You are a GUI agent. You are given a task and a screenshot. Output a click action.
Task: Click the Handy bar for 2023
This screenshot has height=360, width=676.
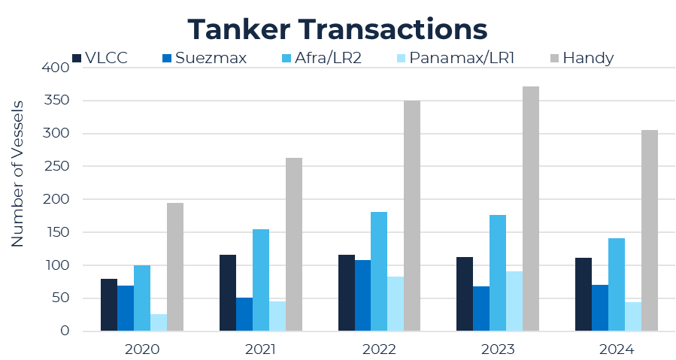coord(531,209)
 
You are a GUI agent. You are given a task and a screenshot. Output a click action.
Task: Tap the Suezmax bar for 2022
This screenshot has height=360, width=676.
coord(362,295)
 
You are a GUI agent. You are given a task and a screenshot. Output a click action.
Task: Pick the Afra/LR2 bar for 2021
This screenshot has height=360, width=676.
coord(261,280)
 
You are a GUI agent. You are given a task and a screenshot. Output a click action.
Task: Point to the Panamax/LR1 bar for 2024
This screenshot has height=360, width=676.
coord(633,316)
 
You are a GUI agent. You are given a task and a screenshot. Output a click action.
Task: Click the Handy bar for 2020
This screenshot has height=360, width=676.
coord(175,267)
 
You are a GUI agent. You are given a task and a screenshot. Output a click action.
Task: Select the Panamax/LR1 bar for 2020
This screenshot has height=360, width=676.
coord(159,322)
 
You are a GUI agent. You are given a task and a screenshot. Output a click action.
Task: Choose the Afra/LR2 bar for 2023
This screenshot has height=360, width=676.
coord(498,273)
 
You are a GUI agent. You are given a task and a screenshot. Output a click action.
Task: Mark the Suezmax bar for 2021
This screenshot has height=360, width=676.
coord(244,314)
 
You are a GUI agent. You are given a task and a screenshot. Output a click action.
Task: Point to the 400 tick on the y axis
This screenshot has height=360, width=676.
coord(59,68)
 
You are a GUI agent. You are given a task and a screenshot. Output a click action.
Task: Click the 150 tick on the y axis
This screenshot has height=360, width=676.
coord(59,232)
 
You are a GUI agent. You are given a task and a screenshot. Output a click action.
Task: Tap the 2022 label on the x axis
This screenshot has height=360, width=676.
coord(379,349)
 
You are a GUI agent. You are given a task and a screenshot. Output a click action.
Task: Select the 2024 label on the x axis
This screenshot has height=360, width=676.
coord(616,349)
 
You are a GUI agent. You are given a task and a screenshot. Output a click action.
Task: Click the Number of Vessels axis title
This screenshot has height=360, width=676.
coord(18,173)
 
